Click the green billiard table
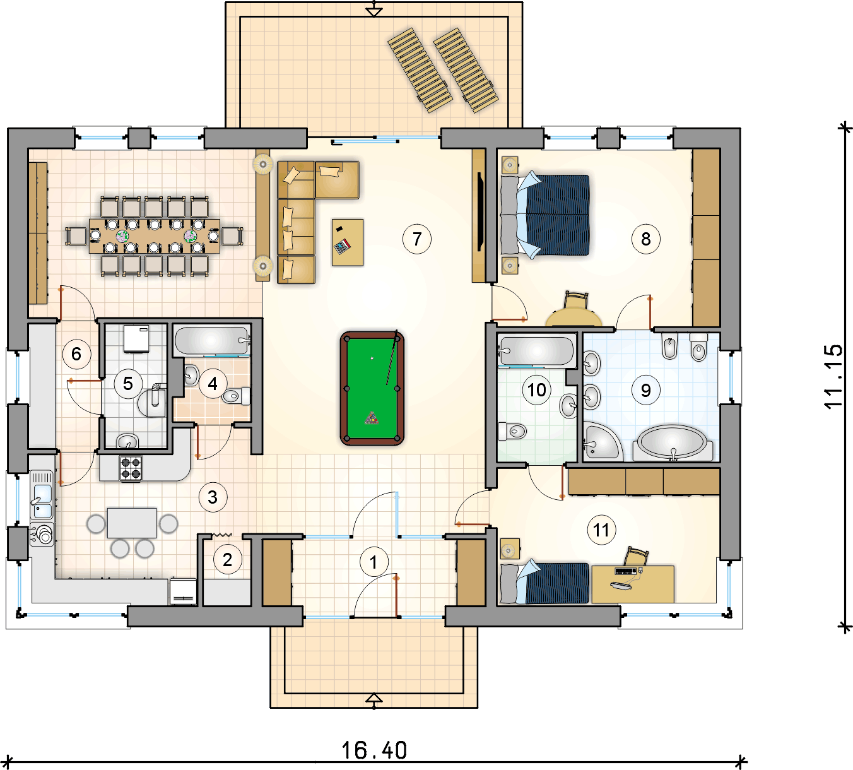pos(372,388)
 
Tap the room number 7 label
pos(416,239)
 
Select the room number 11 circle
pos(601,530)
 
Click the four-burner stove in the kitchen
pos(131,468)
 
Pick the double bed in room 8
pos(546,215)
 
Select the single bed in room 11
pos(544,583)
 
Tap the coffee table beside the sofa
pos(348,242)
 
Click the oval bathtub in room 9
pos(673,442)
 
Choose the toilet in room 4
pos(236,396)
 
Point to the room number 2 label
pos(228,560)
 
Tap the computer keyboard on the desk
pos(625,570)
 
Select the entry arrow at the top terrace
pos(374,9)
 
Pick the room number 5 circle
pos(128,384)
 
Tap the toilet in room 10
pos(512,431)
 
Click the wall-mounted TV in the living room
pos(481,211)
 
